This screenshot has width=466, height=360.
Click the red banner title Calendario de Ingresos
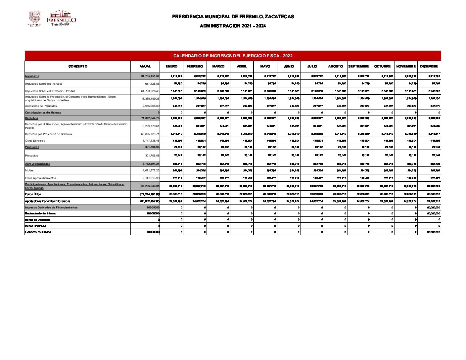coord(233,56)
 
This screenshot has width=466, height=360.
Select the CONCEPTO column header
coord(78,67)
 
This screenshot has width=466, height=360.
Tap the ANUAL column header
coord(145,67)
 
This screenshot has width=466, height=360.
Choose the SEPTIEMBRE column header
coord(359,67)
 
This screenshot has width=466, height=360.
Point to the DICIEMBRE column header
coord(429,67)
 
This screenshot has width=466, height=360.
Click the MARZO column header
coord(218,67)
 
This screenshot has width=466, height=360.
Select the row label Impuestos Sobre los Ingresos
coord(44,84)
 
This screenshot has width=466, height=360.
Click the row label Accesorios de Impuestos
coord(41,106)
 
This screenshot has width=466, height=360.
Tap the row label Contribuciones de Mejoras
coord(43,113)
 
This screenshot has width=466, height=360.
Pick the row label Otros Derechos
coord(35,141)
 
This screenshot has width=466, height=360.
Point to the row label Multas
coord(29,171)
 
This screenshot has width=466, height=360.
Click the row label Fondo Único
coord(33,195)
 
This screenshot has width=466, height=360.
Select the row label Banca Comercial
coord(36,226)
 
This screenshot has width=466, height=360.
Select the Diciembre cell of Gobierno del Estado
coord(433,232)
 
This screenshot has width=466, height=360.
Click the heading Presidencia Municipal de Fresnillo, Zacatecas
coord(233,17)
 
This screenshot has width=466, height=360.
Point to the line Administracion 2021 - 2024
coord(233,26)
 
